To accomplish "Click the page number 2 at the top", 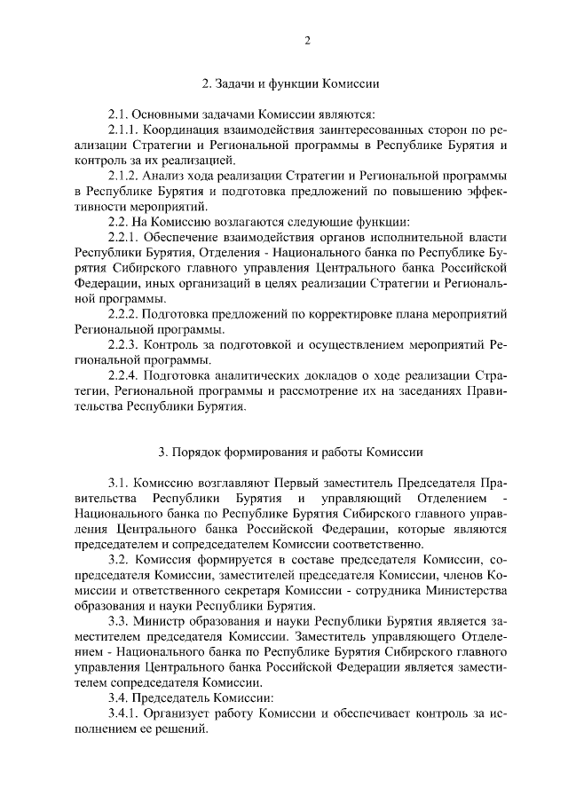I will (x=307, y=40).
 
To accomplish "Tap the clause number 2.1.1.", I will (x=125, y=129).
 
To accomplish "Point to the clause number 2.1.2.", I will (x=125, y=177).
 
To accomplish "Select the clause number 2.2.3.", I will (x=125, y=344).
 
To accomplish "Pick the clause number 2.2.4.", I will (x=125, y=376).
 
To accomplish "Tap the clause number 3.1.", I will (x=120, y=484).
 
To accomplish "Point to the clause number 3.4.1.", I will (x=125, y=714).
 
